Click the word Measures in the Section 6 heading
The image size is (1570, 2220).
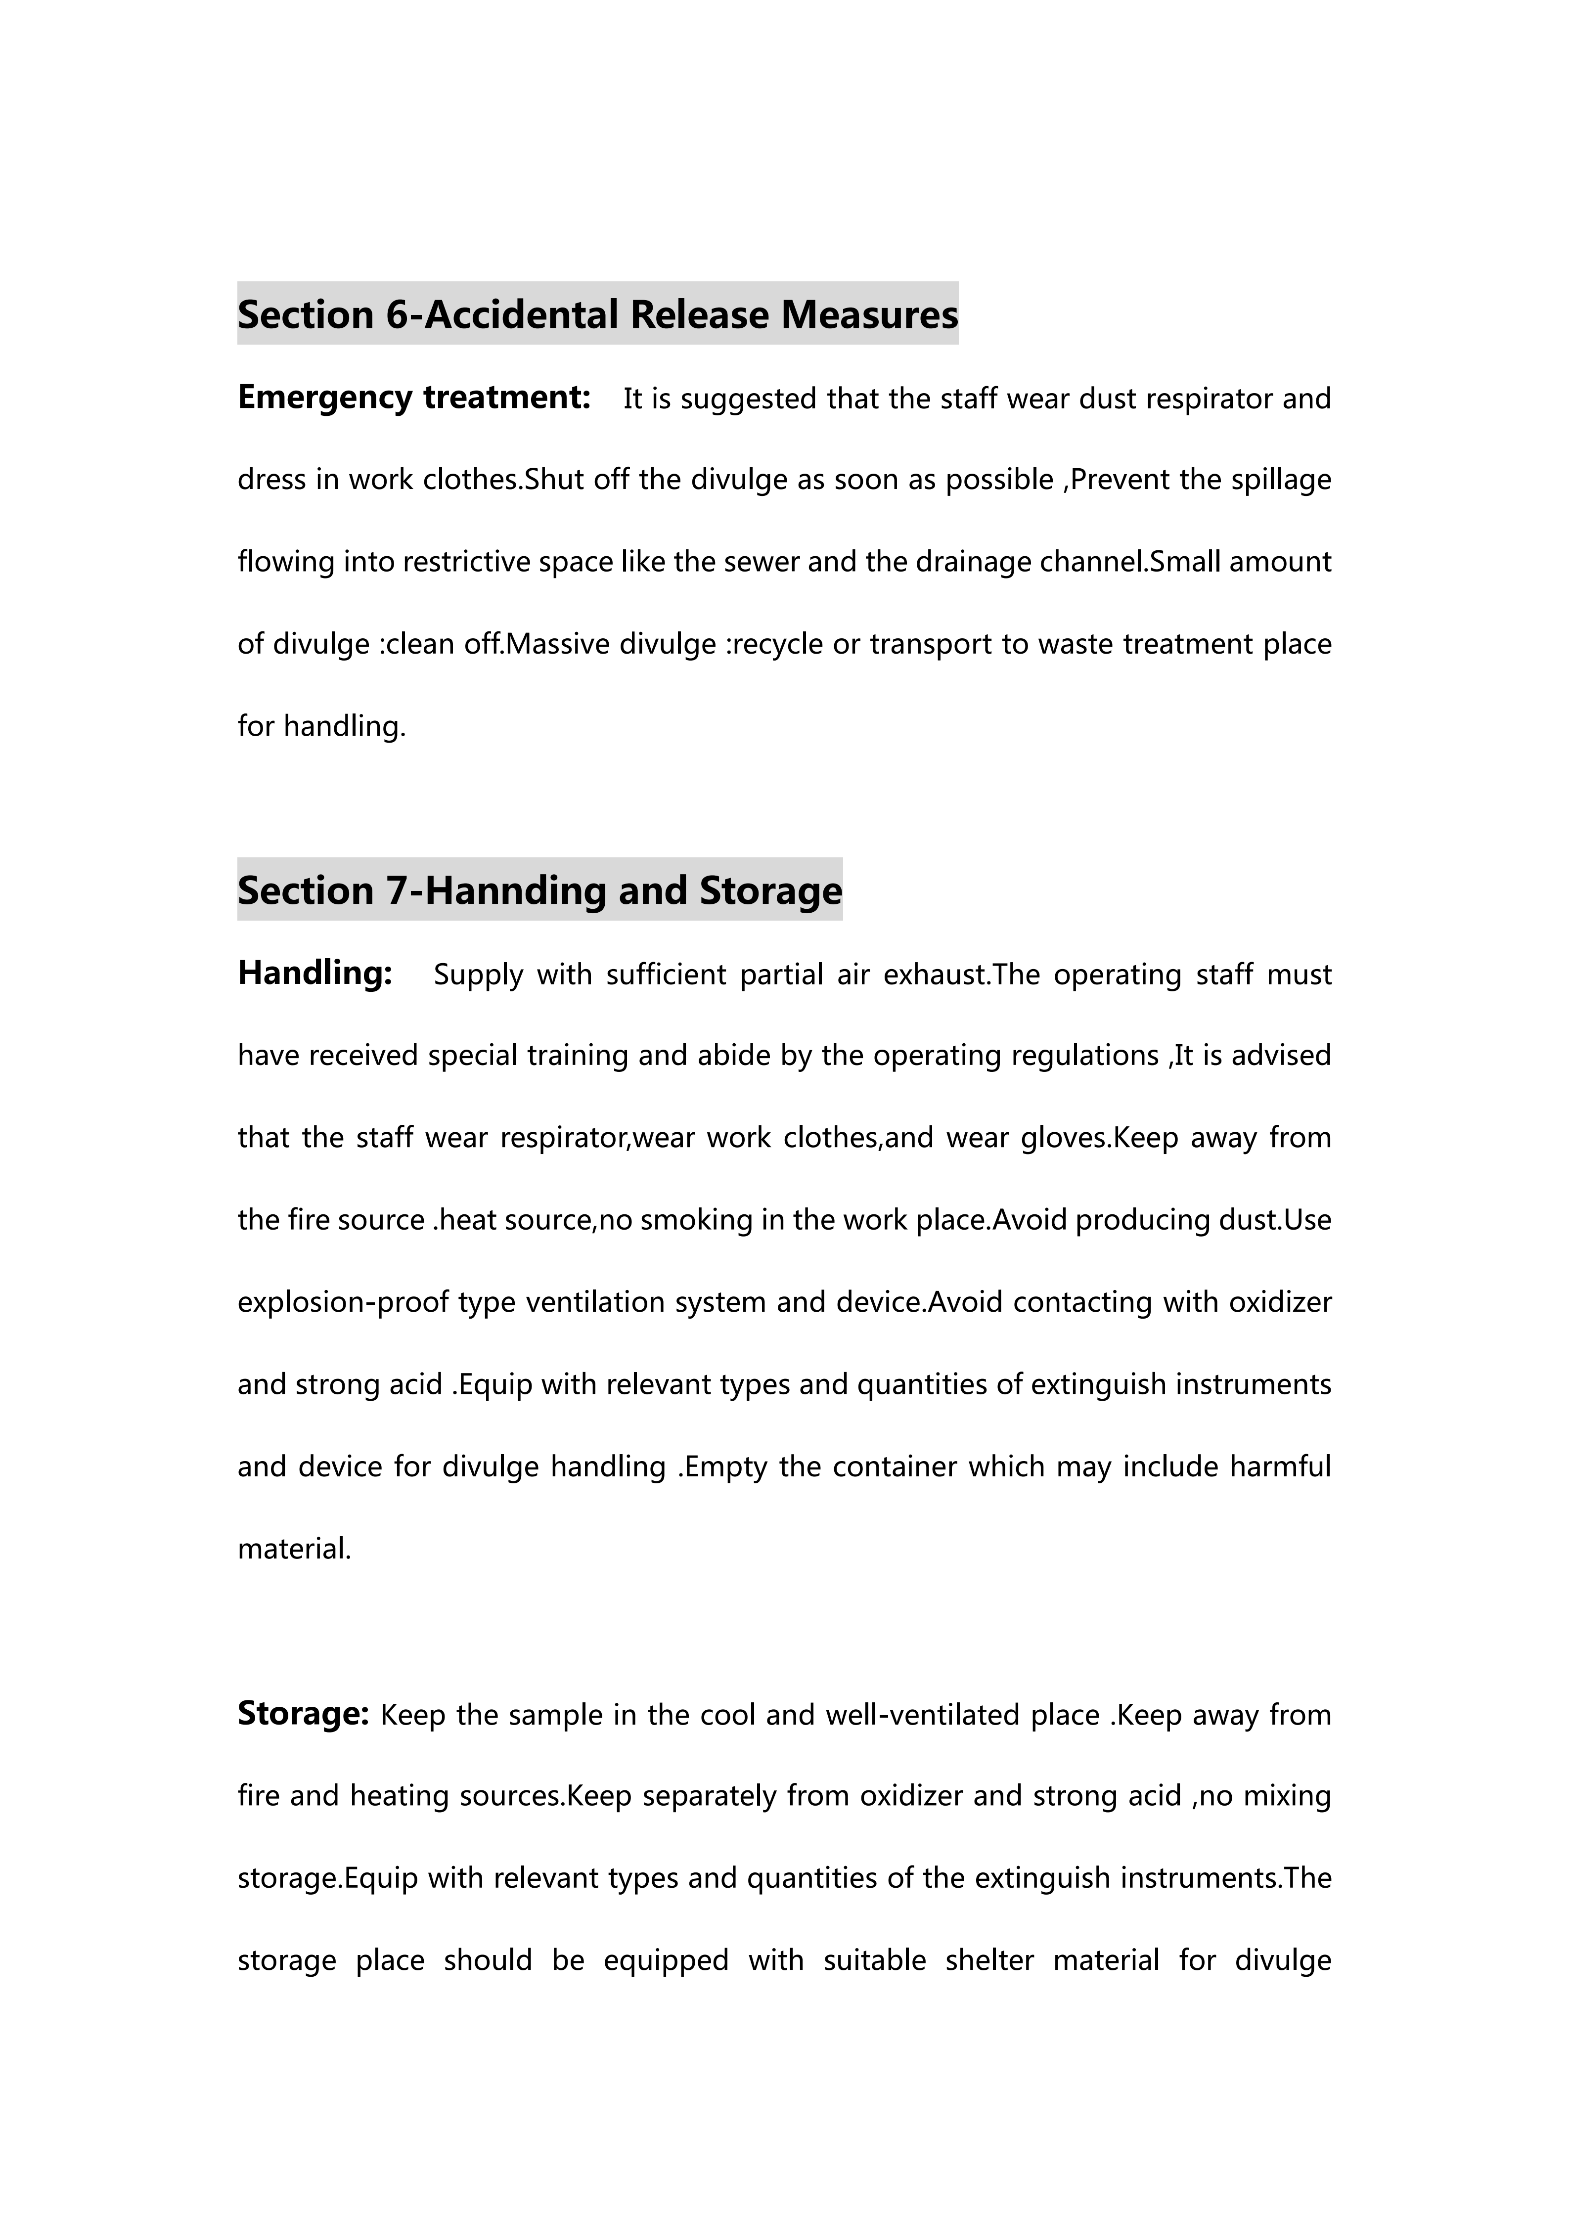[x=869, y=315]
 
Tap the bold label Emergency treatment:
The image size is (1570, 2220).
[x=414, y=398]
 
